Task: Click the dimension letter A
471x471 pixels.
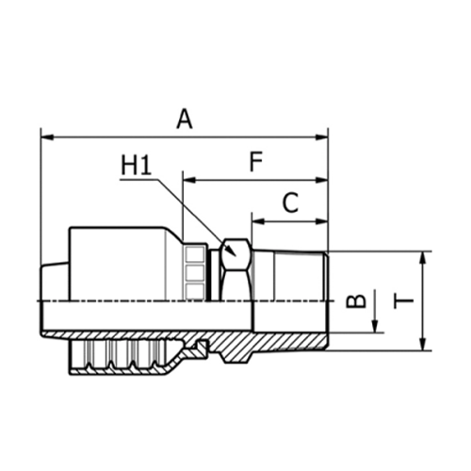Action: click(x=185, y=119)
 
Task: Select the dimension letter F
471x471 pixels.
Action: click(x=255, y=161)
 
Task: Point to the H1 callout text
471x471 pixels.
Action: click(x=137, y=167)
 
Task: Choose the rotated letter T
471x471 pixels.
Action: click(x=404, y=300)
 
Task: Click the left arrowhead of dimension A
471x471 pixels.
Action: click(x=45, y=138)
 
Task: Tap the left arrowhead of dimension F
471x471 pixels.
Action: click(x=187, y=179)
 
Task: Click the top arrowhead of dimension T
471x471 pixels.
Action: click(x=424, y=257)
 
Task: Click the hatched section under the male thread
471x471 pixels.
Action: click(x=283, y=339)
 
